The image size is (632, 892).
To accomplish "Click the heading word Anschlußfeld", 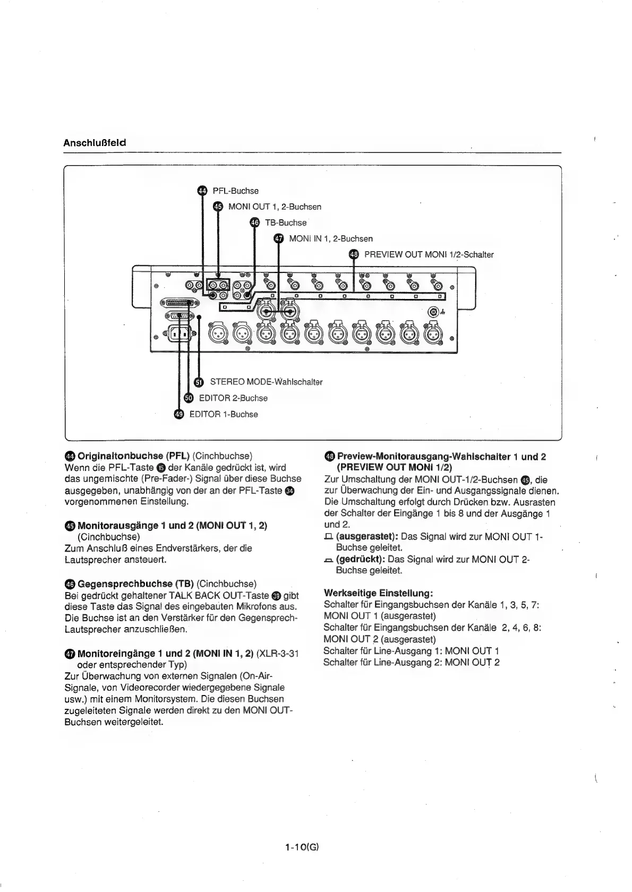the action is point(95,143).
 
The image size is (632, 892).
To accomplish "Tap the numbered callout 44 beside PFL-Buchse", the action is point(202,191).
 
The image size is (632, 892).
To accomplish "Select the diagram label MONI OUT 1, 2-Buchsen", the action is point(275,207).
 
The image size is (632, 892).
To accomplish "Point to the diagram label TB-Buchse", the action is point(286,223).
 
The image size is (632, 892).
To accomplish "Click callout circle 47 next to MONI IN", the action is point(279,239).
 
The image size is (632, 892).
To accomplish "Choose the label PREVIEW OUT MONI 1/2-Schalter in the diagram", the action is point(429,255).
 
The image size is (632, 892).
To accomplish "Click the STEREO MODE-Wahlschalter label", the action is point(266,382).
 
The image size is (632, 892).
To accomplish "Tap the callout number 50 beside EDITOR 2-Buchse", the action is point(189,398).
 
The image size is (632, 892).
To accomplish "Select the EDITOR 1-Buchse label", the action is point(224,415).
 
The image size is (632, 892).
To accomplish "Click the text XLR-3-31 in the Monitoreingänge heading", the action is point(277,653).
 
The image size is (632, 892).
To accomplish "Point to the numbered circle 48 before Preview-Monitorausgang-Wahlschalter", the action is point(329,457).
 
